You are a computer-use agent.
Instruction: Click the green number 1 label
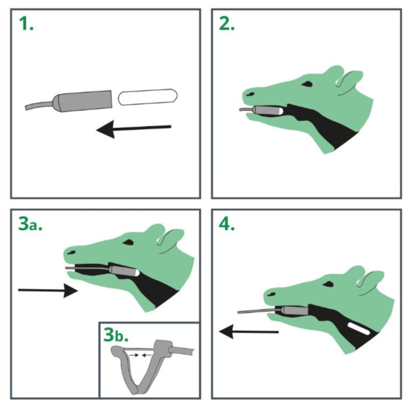click(26, 24)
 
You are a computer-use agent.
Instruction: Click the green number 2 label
click(227, 24)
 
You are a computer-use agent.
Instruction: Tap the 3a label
click(30, 224)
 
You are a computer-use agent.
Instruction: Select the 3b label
click(116, 335)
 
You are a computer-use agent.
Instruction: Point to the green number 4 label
click(227, 224)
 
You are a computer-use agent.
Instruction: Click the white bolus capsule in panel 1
click(148, 97)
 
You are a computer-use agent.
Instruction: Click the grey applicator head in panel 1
click(83, 101)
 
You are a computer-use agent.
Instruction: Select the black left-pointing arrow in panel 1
click(134, 129)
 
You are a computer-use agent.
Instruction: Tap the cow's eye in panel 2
click(306, 84)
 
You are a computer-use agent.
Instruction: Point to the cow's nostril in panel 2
click(250, 94)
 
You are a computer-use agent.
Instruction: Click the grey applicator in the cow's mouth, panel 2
click(268, 110)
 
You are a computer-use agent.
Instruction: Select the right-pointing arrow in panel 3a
click(48, 291)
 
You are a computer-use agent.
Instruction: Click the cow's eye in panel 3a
click(128, 242)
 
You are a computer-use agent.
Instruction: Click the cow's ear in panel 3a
click(170, 238)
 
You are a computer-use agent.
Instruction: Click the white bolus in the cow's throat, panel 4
click(358, 328)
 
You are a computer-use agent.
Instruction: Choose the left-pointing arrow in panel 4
click(249, 332)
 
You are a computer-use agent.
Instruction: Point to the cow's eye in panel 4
click(328, 284)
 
